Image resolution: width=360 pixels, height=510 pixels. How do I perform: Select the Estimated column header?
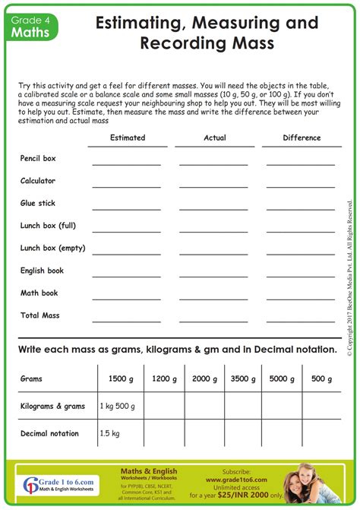(x=128, y=138)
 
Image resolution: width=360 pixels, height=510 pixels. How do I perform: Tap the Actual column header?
(x=215, y=138)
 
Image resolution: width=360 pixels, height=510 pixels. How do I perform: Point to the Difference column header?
(x=302, y=138)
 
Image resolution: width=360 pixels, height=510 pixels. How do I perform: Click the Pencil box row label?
(x=38, y=159)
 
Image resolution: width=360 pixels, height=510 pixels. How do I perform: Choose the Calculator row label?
(x=38, y=181)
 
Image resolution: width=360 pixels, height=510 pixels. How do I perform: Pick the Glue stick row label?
(x=38, y=204)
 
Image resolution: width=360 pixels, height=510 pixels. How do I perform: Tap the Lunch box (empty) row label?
(x=52, y=248)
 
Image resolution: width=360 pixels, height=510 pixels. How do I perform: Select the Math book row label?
(x=39, y=293)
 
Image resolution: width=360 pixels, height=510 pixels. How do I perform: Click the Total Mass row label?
(x=39, y=315)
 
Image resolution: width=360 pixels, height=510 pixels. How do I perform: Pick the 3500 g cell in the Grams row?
(x=243, y=378)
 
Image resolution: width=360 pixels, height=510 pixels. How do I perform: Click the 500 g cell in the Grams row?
(x=322, y=378)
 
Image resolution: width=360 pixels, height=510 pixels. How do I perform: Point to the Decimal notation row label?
(x=49, y=433)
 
